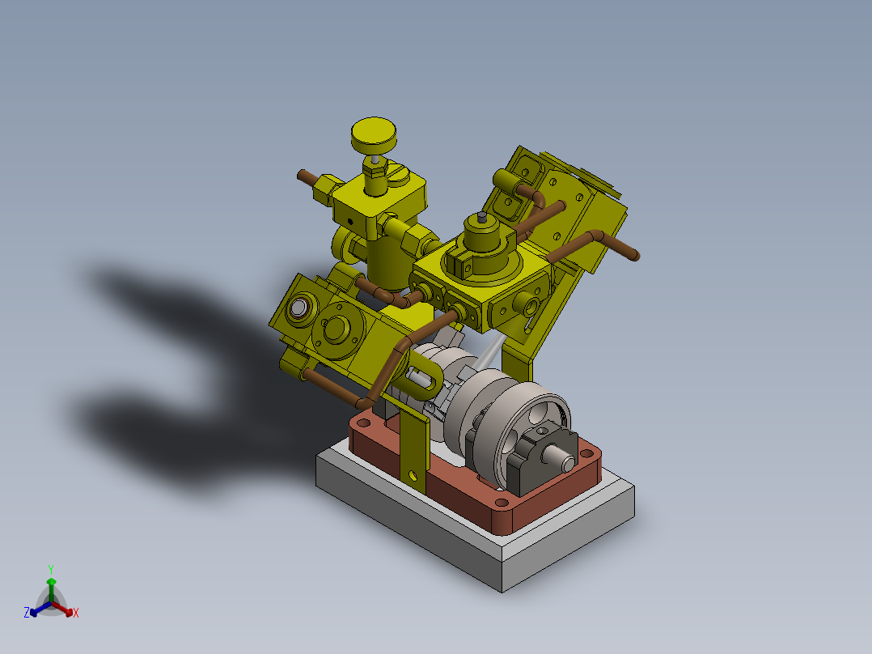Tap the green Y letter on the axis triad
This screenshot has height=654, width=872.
50,569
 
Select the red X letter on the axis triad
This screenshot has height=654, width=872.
76,614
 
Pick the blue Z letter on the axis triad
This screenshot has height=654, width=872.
26,614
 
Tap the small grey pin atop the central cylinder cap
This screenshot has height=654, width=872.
481,217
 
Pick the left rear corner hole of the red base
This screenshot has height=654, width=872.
362,423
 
